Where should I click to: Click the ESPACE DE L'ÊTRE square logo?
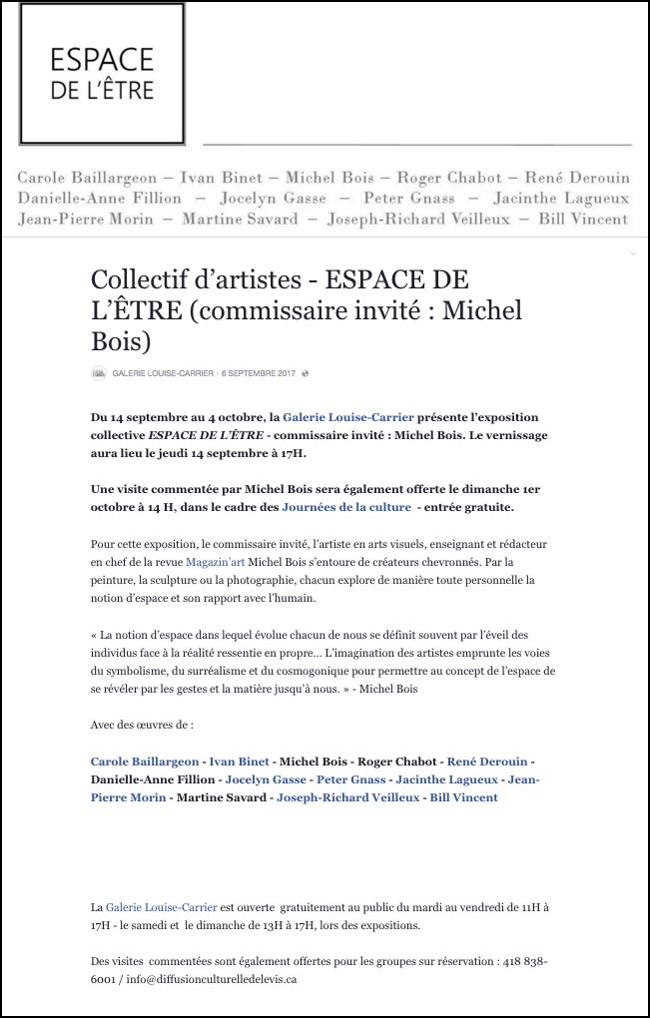point(102,74)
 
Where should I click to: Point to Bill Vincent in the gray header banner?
point(583,219)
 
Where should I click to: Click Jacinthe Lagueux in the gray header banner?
point(561,198)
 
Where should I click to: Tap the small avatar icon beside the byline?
point(99,373)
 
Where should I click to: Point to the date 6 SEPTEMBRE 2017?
point(259,373)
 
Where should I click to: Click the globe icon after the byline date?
point(306,373)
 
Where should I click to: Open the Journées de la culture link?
point(346,507)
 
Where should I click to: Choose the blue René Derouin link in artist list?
point(487,762)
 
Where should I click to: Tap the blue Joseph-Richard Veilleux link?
point(347,797)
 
